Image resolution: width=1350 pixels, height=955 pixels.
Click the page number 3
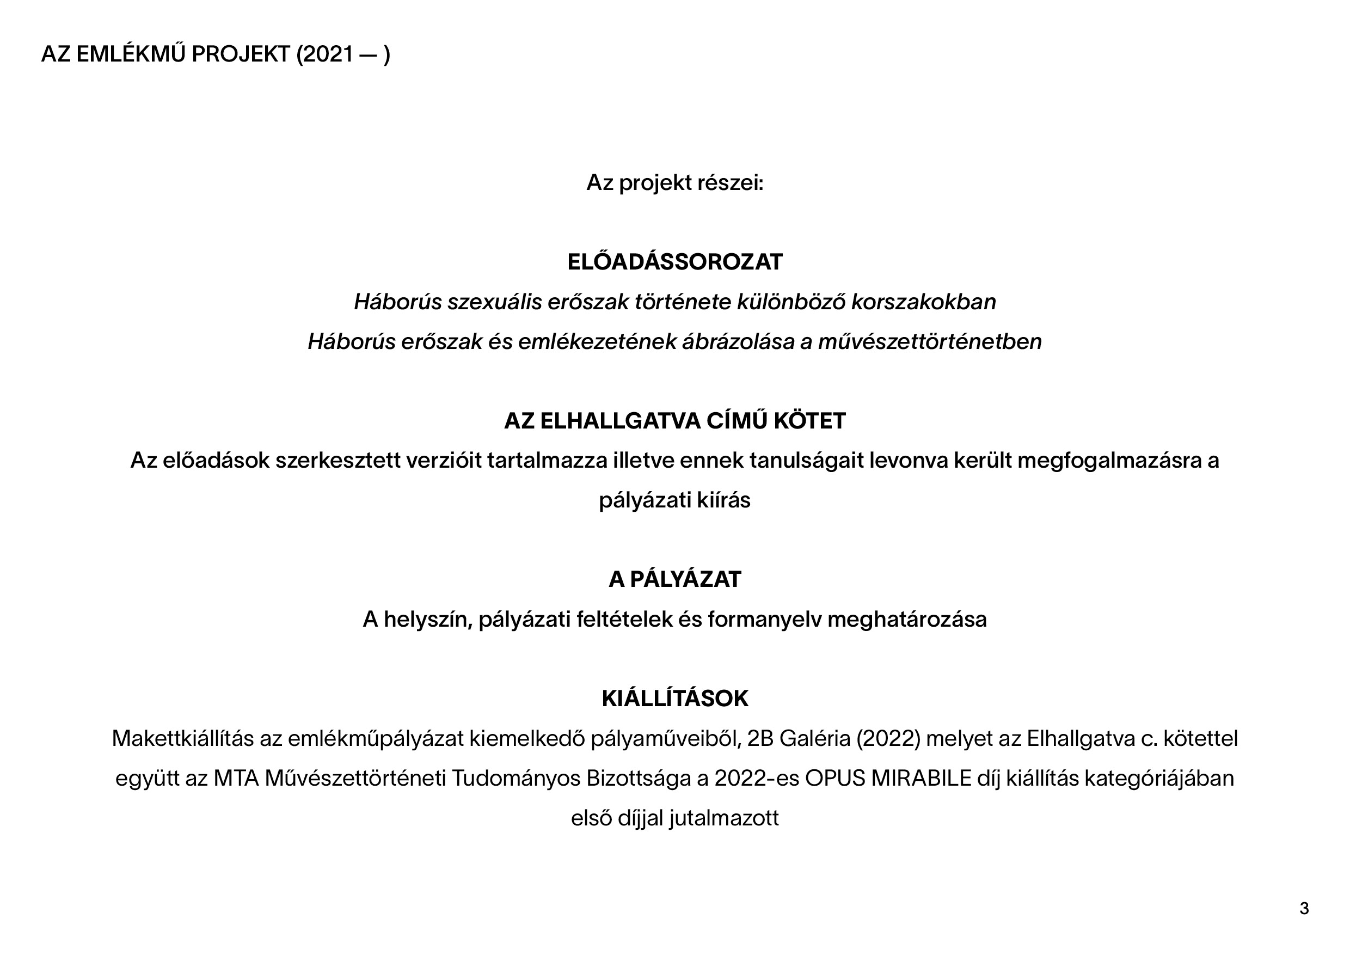[x=1304, y=909]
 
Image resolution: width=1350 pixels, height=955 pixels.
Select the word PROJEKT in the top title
[x=241, y=54]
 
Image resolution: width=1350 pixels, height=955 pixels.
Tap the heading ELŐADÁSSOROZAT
[x=674, y=262]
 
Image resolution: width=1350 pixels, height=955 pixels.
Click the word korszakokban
[x=923, y=302]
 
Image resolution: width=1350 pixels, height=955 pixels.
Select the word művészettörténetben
[x=930, y=342]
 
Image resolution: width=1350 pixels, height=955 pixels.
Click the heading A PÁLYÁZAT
[x=674, y=580]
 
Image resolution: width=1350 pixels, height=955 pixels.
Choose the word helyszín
[x=428, y=619]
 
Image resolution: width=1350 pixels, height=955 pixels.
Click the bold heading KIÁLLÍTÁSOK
[x=674, y=699]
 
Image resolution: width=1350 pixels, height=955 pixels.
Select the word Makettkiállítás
[x=183, y=739]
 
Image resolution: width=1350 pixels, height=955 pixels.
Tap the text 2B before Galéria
[x=760, y=739]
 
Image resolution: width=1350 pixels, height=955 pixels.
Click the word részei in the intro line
[x=729, y=183]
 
